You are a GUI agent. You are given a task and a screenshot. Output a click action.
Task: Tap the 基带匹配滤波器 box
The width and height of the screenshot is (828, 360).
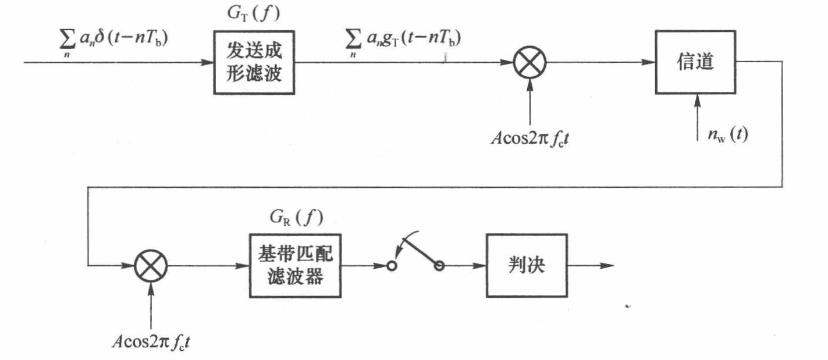coord(294,266)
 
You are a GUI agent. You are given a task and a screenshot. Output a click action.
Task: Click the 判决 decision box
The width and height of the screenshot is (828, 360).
coord(525,266)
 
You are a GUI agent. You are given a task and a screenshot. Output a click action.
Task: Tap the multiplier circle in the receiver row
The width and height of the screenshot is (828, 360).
coord(151,266)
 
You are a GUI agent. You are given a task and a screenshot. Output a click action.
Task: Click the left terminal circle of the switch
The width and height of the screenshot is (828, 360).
coord(392,266)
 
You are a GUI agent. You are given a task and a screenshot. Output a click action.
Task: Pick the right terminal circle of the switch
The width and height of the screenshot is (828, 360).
coord(439,266)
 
